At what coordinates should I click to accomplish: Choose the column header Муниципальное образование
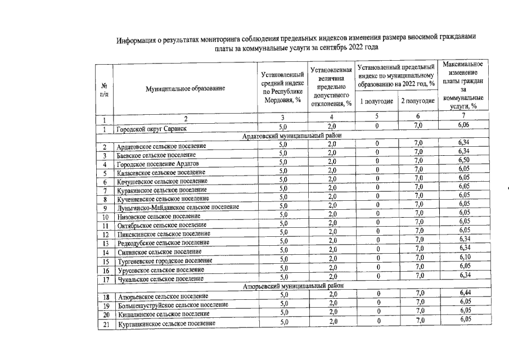185,89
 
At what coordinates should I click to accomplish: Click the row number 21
105,324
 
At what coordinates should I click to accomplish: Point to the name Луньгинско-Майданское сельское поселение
178,208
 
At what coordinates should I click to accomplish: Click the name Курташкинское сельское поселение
166,325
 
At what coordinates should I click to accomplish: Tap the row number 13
105,243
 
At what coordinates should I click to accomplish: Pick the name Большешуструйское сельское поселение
172,305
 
